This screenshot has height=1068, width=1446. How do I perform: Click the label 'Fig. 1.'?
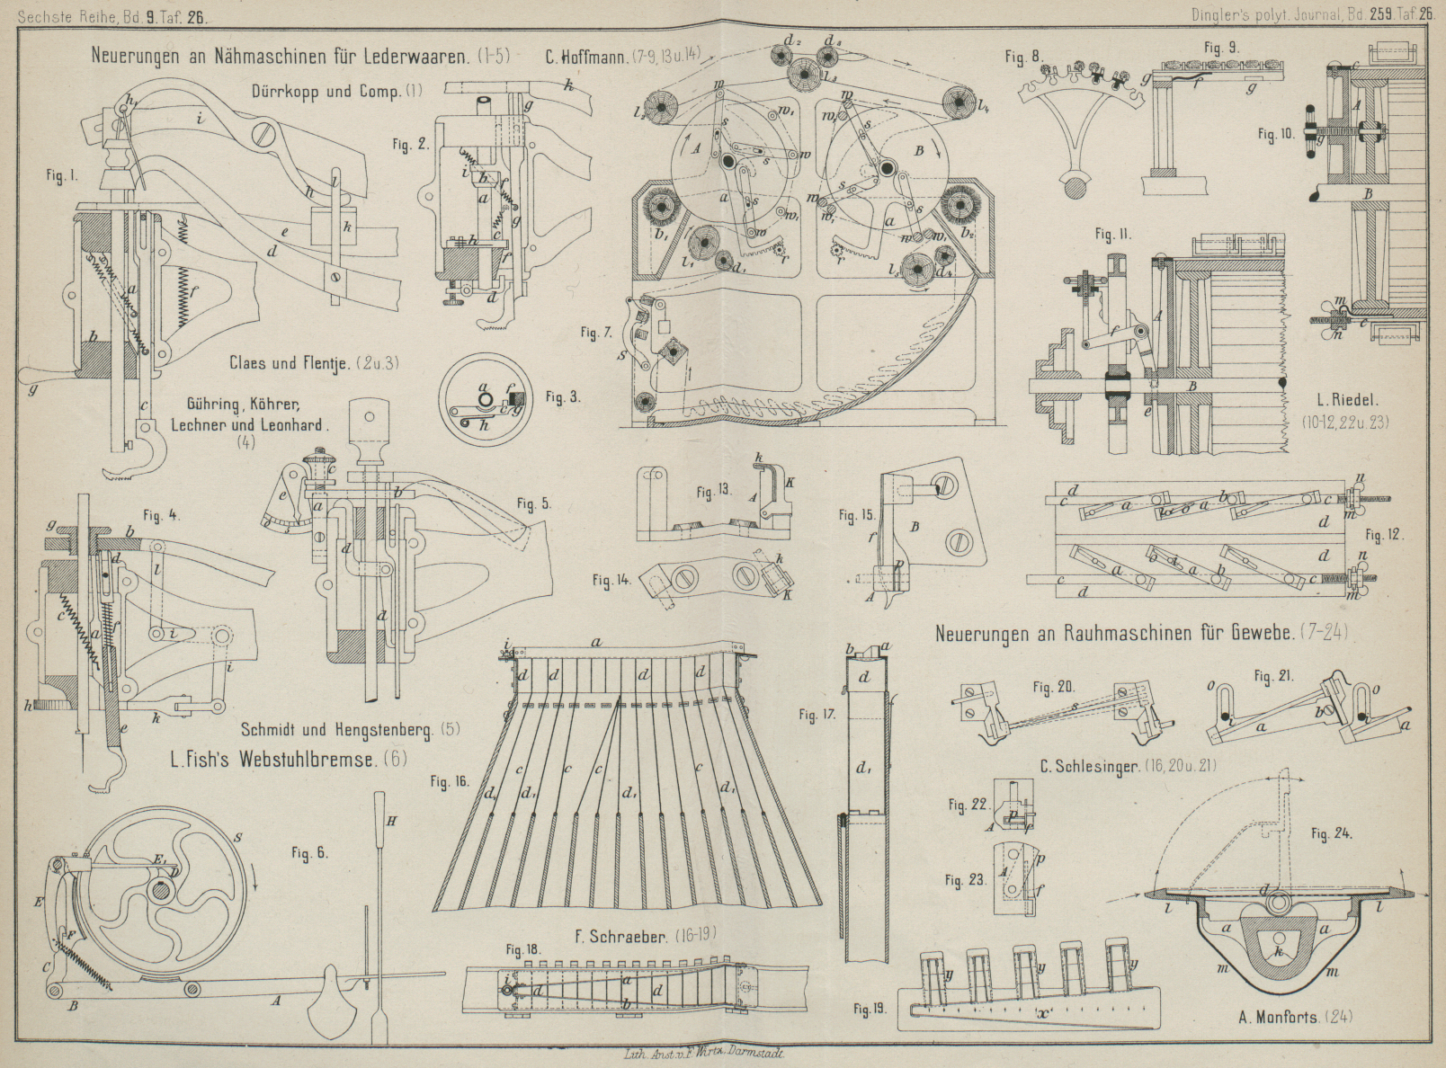coord(61,177)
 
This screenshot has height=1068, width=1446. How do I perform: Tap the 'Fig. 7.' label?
coord(595,334)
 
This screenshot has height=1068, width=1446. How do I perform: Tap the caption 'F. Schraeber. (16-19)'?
coord(646,936)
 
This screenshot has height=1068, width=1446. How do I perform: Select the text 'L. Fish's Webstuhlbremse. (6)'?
coord(289,759)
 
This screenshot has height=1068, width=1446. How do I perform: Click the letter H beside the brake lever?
coord(390,821)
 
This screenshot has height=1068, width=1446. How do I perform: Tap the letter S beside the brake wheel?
coord(237,839)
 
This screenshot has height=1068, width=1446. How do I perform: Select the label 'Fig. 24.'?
coord(1332,834)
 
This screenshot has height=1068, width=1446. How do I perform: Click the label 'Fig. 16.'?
coord(449,782)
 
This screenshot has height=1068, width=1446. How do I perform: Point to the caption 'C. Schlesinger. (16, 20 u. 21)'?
coord(1120,767)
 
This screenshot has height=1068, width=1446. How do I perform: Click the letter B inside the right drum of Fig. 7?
coord(919,152)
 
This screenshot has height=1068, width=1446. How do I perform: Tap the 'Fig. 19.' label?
coord(869,1009)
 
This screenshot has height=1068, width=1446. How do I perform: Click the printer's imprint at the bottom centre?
coord(704,1057)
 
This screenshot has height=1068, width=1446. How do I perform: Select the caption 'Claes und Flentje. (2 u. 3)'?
coord(314,364)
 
